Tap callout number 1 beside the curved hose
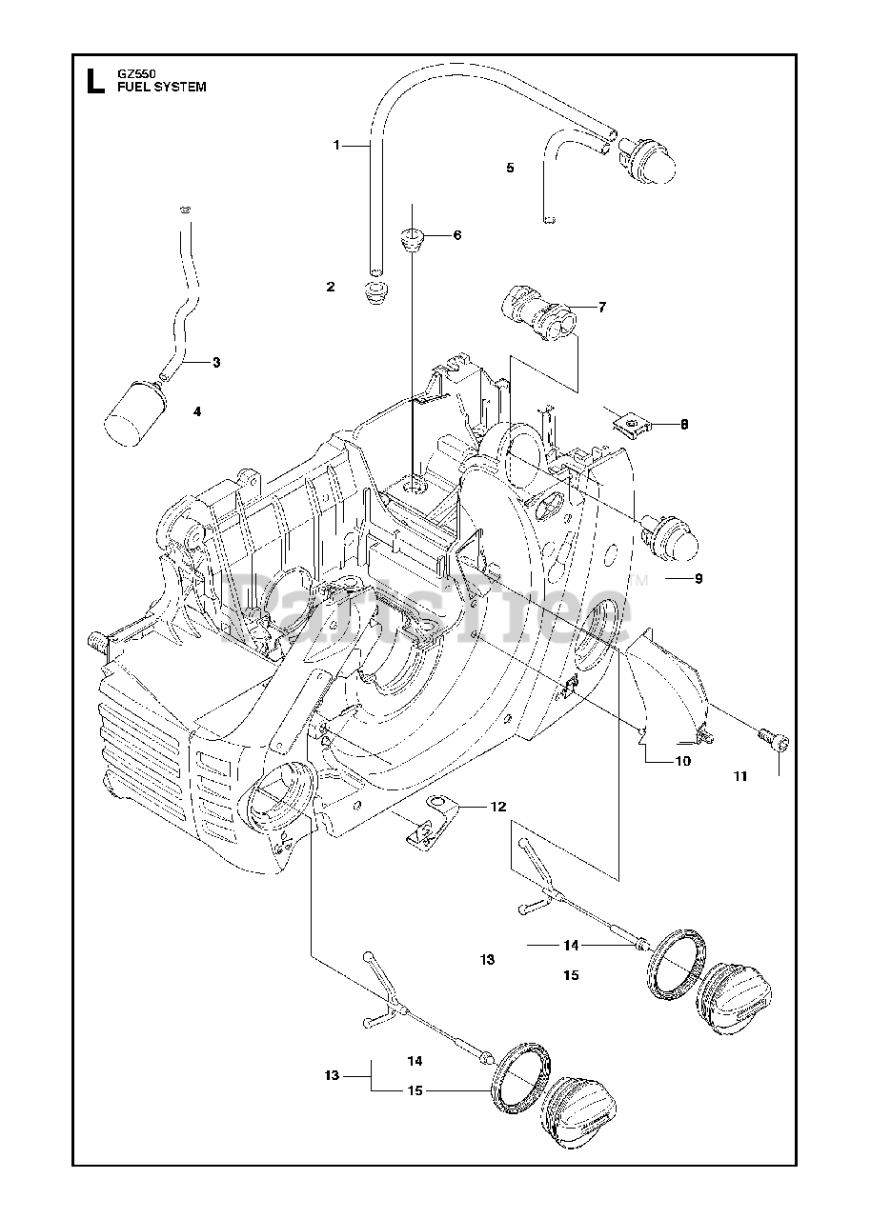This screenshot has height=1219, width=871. [336, 145]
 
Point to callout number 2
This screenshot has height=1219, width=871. [331, 286]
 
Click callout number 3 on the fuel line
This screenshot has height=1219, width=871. [216, 362]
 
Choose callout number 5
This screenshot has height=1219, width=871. [510, 168]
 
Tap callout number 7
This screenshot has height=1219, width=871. [602, 307]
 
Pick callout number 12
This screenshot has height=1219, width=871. [498, 807]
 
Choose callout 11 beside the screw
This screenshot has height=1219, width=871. [740, 776]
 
